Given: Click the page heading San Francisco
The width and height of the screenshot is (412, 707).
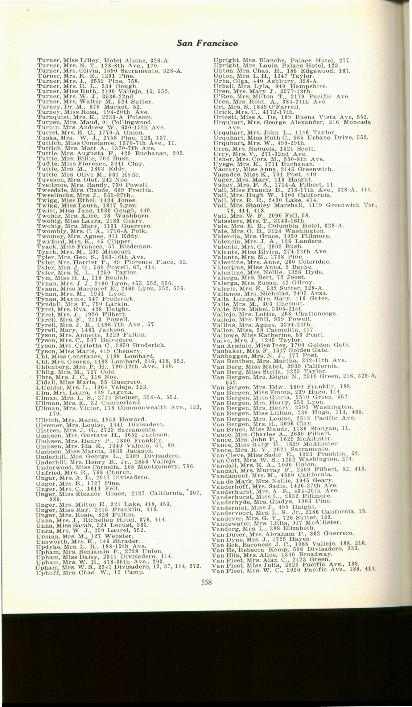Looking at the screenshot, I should point(207,43).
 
